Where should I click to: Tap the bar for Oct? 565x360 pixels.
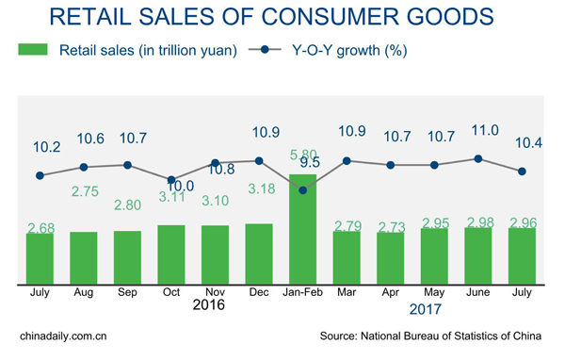click(x=170, y=254)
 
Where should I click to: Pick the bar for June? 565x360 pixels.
click(x=477, y=255)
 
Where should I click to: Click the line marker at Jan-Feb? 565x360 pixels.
click(x=302, y=189)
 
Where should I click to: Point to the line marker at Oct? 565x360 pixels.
click(x=170, y=179)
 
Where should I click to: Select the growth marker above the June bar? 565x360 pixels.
click(x=477, y=158)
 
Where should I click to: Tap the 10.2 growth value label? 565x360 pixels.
click(x=46, y=147)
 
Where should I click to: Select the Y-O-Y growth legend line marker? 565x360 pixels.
click(x=267, y=50)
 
